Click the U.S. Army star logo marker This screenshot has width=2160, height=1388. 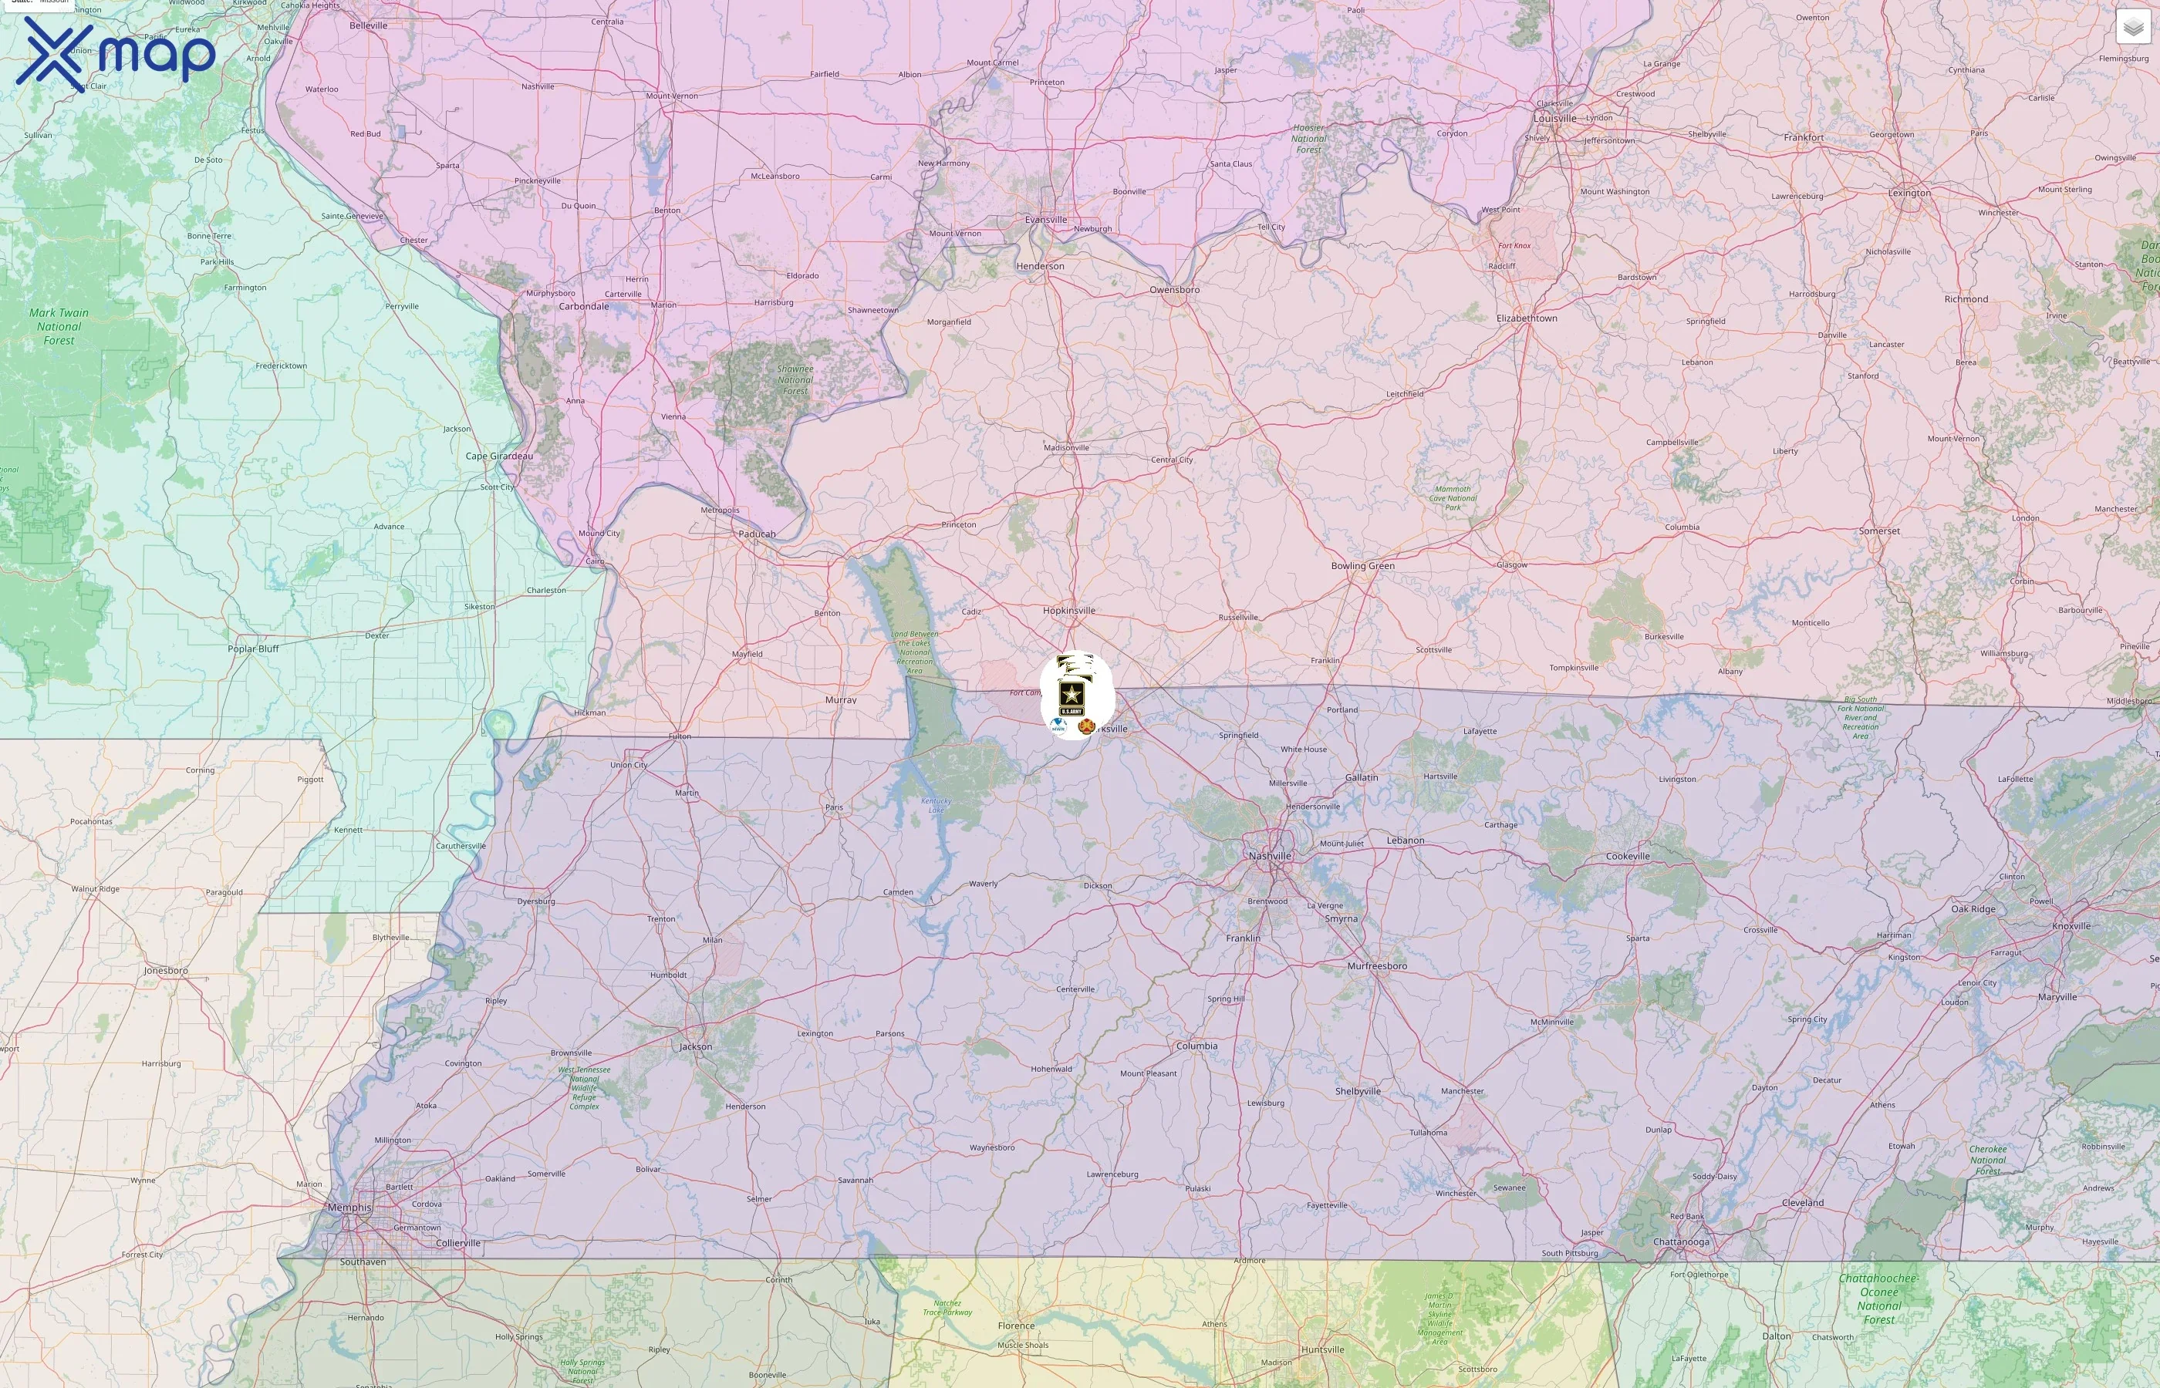click(1070, 698)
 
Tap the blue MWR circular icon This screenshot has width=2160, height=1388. click(1058, 725)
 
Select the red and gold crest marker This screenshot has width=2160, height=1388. click(1085, 726)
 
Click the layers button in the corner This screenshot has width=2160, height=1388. click(2132, 27)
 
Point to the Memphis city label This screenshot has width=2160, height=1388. click(349, 1207)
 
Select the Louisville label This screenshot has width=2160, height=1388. click(1555, 118)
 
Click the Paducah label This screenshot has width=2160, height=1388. click(756, 534)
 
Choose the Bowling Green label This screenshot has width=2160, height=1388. click(1362, 566)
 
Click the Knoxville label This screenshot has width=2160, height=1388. click(2071, 925)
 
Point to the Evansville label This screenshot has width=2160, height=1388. click(1046, 219)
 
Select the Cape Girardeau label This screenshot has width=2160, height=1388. click(498, 456)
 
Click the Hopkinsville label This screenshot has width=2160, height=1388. click(1068, 610)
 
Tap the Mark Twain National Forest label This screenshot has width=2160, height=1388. click(59, 326)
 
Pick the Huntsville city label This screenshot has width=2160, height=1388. click(1322, 1349)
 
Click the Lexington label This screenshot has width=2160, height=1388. click(1909, 193)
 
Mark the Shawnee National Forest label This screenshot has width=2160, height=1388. click(795, 379)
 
